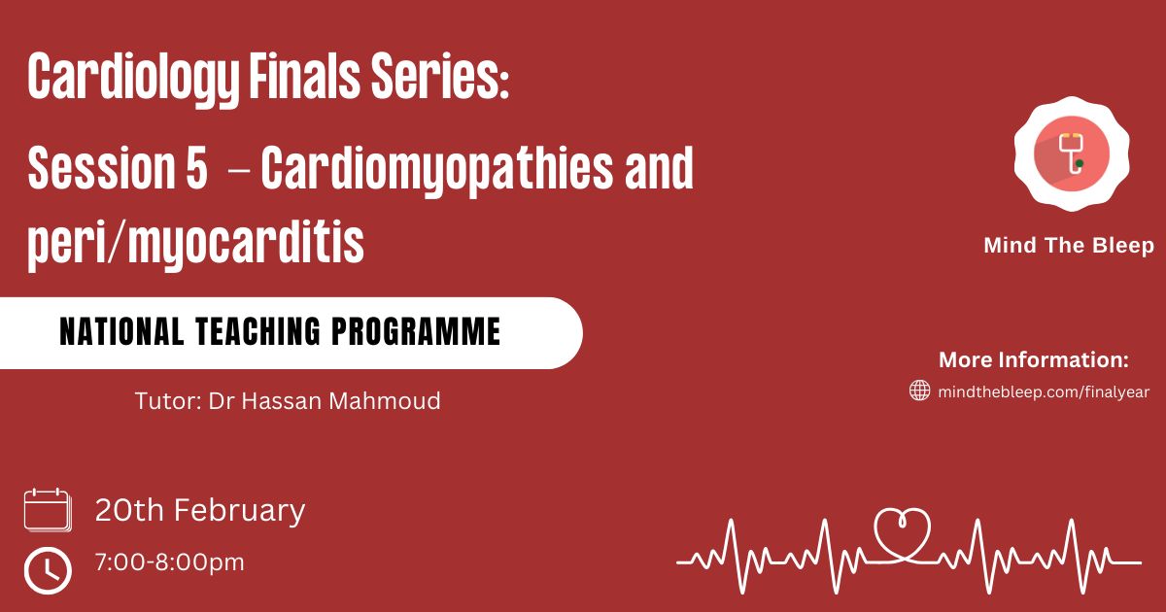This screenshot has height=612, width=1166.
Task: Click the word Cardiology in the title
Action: click(134, 78)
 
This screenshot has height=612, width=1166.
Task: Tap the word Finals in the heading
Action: click(304, 76)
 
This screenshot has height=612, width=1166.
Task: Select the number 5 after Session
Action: click(196, 167)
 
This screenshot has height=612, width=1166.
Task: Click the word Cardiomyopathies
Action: click(436, 170)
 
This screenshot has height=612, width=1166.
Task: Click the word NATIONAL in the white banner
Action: click(121, 331)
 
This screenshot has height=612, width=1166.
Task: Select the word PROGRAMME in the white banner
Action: click(416, 331)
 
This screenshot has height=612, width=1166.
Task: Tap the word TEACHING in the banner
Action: click(257, 331)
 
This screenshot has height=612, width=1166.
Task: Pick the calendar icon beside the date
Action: click(48, 510)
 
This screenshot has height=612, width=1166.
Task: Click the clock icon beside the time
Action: click(48, 570)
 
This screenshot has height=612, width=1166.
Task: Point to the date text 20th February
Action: click(200, 511)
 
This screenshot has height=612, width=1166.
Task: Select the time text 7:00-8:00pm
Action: click(170, 562)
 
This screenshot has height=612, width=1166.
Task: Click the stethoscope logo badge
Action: click(1072, 154)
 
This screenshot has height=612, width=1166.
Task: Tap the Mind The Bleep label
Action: click(1069, 246)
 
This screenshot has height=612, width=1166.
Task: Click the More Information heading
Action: click(1034, 360)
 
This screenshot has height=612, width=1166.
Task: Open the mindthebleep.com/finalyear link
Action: click(1044, 391)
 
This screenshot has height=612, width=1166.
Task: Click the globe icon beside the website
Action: click(919, 391)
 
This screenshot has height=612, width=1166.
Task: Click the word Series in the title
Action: click(439, 76)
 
